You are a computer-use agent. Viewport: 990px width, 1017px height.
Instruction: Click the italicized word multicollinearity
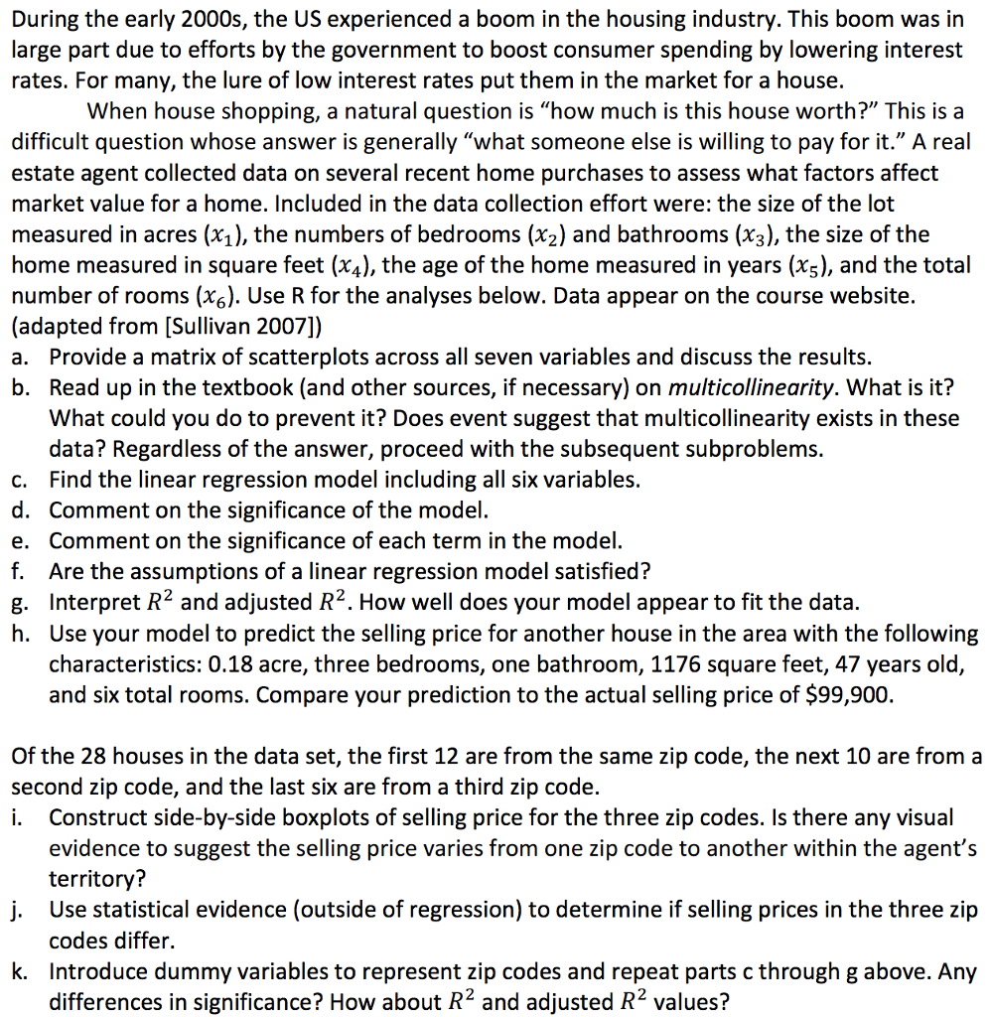pos(750,387)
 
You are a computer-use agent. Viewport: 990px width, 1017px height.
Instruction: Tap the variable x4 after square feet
pos(348,265)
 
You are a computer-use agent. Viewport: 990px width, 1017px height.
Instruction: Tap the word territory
pos(94,879)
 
